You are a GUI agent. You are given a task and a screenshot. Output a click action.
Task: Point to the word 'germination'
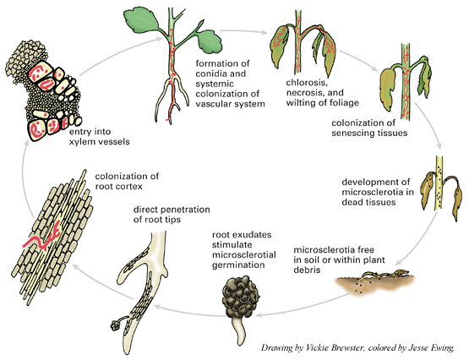coord(238,265)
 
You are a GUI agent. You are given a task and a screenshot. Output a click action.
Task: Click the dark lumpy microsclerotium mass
coord(241,297)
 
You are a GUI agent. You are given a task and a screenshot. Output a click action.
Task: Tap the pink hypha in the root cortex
coord(45,237)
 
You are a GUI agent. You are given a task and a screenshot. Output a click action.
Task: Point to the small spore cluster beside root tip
coord(115,325)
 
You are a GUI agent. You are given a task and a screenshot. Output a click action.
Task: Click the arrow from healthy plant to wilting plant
coord(243,30)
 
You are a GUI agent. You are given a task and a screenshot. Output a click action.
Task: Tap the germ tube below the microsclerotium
coord(239,331)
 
